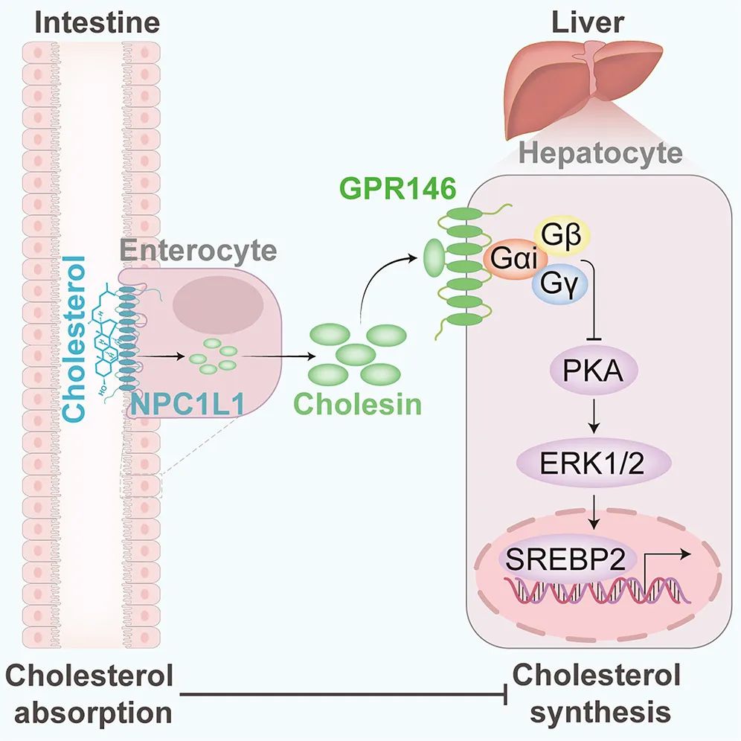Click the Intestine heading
[x=97, y=22]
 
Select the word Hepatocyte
[x=601, y=154]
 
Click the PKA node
[x=594, y=370]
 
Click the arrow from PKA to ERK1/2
[x=594, y=416]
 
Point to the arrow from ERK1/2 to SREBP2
[x=594, y=510]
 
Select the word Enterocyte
[x=198, y=250]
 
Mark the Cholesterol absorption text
[x=89, y=695]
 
